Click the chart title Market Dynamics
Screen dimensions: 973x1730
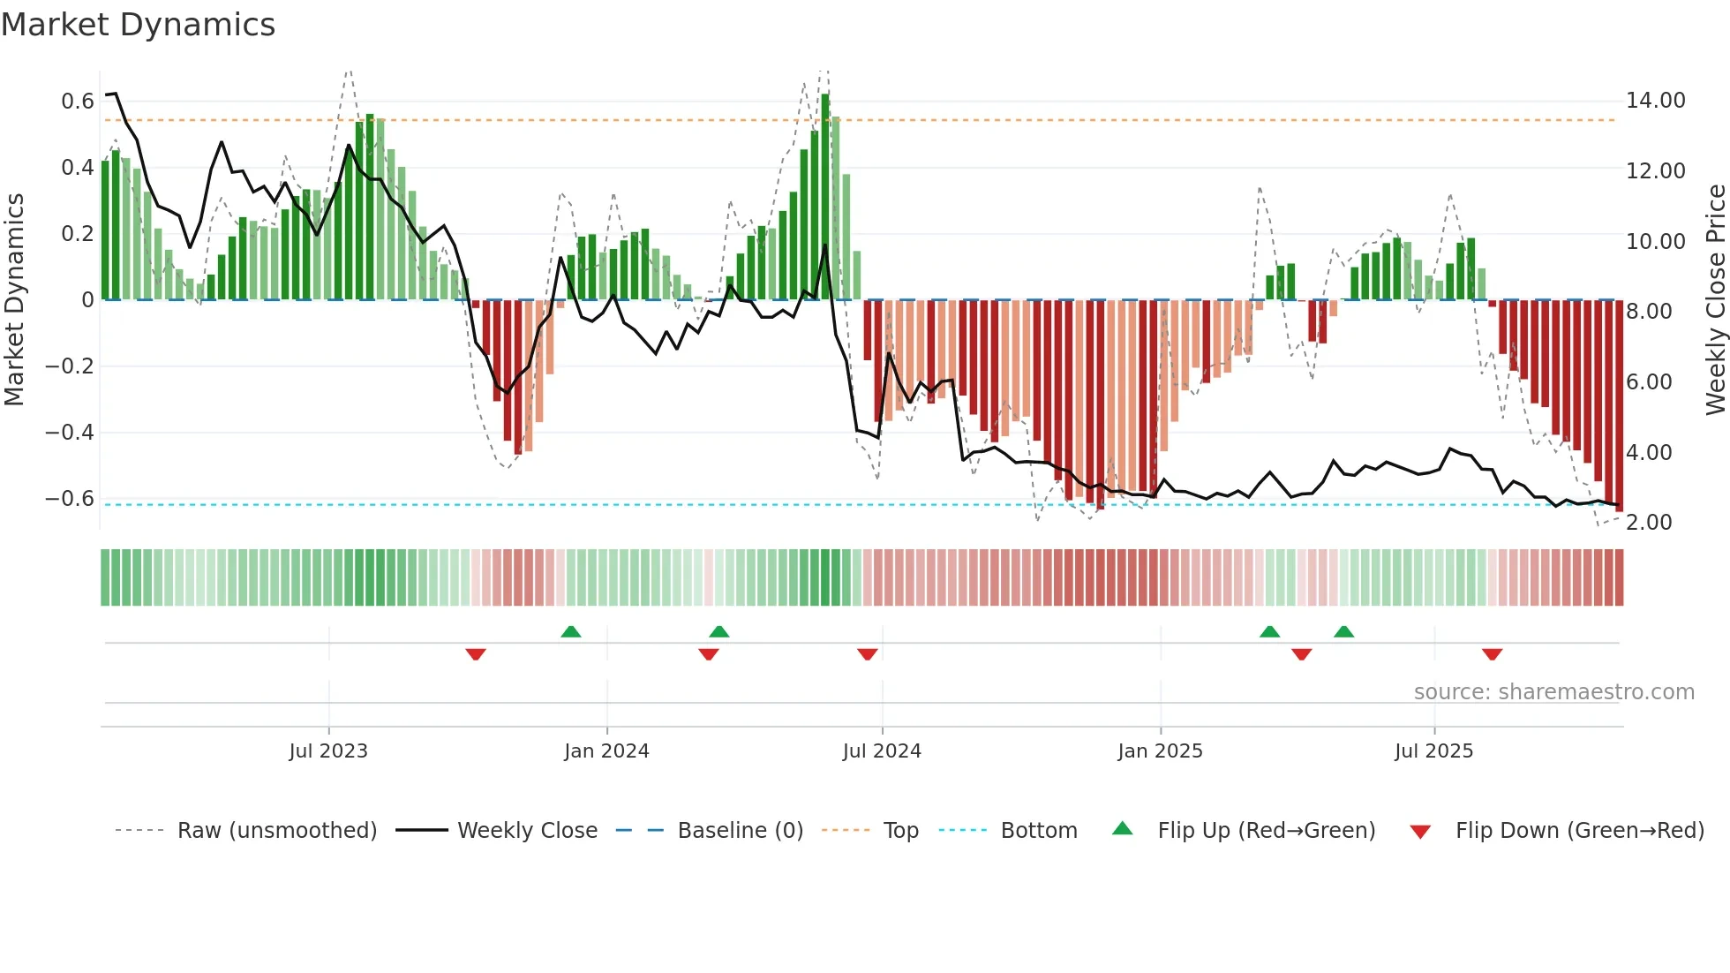[139, 25]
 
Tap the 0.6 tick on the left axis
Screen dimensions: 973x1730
[78, 102]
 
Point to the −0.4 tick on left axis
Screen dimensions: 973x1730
[70, 433]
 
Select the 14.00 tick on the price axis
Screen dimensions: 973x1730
[1655, 101]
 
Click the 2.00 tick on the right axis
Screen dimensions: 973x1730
[1649, 523]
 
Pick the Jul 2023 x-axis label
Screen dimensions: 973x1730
[328, 751]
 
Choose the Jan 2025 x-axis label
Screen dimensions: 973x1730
[1160, 751]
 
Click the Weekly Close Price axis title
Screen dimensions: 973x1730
[1715, 300]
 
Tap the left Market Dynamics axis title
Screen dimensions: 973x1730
[15, 300]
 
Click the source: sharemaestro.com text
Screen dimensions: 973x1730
[1553, 692]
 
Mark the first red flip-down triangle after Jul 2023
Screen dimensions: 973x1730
[476, 654]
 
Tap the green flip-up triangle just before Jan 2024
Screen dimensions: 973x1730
[571, 631]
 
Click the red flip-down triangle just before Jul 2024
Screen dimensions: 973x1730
[868, 654]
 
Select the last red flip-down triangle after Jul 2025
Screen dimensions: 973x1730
[1493, 654]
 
